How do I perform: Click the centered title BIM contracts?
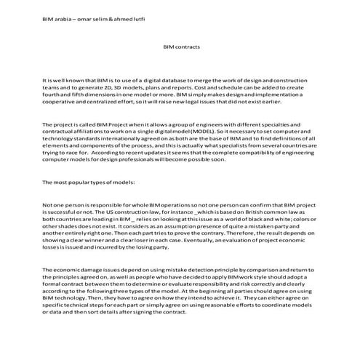pos(180,47)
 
